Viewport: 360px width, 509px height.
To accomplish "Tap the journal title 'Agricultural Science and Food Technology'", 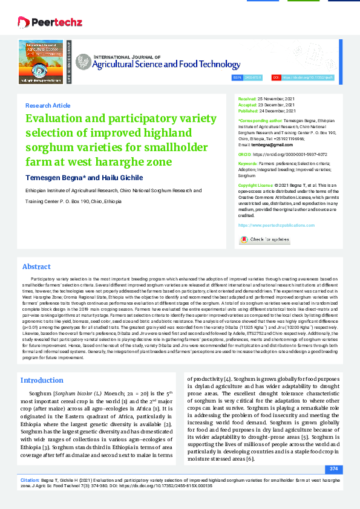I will [x=157, y=63].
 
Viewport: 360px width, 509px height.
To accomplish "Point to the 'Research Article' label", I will [x=48, y=105].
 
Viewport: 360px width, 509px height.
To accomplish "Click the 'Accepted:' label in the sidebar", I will [x=247, y=105].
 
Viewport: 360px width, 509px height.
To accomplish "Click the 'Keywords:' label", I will [x=248, y=164].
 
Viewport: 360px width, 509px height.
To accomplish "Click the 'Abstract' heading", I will [x=36, y=267].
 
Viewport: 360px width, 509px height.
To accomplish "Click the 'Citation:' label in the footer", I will [x=30, y=479].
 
